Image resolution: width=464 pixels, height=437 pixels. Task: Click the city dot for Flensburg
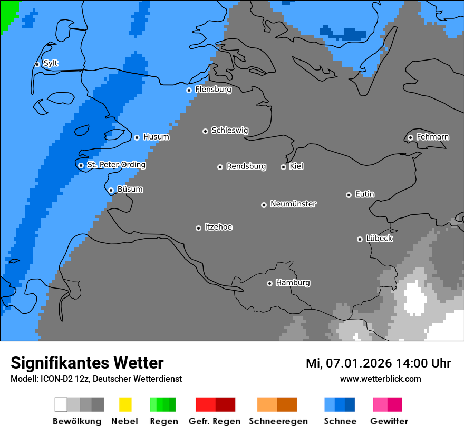tap(189, 90)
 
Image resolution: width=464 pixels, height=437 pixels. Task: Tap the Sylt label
tap(51, 63)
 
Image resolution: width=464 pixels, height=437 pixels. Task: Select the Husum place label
tap(156, 137)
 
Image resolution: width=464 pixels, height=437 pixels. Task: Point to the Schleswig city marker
tap(205, 131)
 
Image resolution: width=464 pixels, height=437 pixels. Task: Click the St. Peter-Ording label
tap(116, 165)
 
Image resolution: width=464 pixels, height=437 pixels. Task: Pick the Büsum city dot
tap(111, 190)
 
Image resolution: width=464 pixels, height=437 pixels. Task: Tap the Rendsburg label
tap(246, 166)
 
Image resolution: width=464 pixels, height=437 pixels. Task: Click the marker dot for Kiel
tap(283, 167)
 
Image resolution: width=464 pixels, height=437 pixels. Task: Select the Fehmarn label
tap(432, 137)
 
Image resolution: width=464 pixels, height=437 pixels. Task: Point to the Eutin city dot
tap(349, 195)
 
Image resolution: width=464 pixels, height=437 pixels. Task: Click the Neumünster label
tap(293, 204)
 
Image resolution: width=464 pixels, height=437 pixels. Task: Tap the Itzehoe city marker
tap(198, 228)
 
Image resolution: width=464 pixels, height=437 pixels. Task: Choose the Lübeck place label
tap(379, 239)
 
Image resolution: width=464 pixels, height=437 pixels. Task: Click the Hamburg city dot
tap(269, 283)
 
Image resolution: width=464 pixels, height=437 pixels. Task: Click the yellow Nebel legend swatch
tap(125, 404)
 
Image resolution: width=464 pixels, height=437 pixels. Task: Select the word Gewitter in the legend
tap(389, 421)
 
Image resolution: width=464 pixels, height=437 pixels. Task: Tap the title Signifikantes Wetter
tap(87, 363)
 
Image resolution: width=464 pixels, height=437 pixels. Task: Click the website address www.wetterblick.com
tap(380, 379)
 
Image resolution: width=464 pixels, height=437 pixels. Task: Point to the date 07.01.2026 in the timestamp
tap(355, 363)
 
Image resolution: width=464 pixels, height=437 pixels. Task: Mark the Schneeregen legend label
tap(278, 421)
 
